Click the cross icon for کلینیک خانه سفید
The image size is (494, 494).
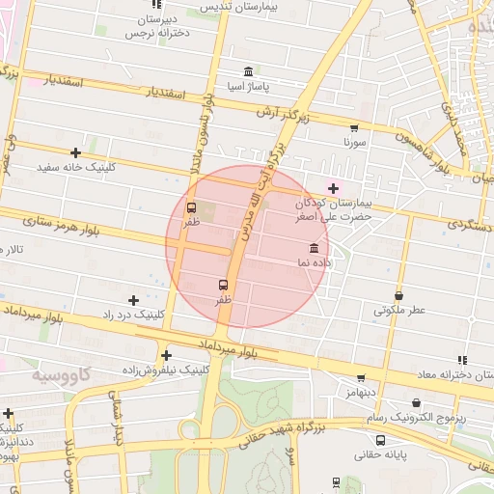tap(75, 152)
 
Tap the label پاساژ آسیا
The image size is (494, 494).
tap(249, 86)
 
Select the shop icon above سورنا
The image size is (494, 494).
tap(354, 127)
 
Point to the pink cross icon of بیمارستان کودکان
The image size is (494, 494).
tap(334, 188)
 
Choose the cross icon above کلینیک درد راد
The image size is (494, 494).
tap(133, 300)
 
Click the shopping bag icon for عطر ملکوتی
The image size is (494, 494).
tap(399, 295)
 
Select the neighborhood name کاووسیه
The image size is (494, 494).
tap(60, 372)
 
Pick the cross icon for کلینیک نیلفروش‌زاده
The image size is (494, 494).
tap(167, 355)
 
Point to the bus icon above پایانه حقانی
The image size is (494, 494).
tap(380, 440)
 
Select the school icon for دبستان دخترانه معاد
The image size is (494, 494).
tap(462, 360)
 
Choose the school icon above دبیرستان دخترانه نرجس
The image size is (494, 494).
tap(156, 5)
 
